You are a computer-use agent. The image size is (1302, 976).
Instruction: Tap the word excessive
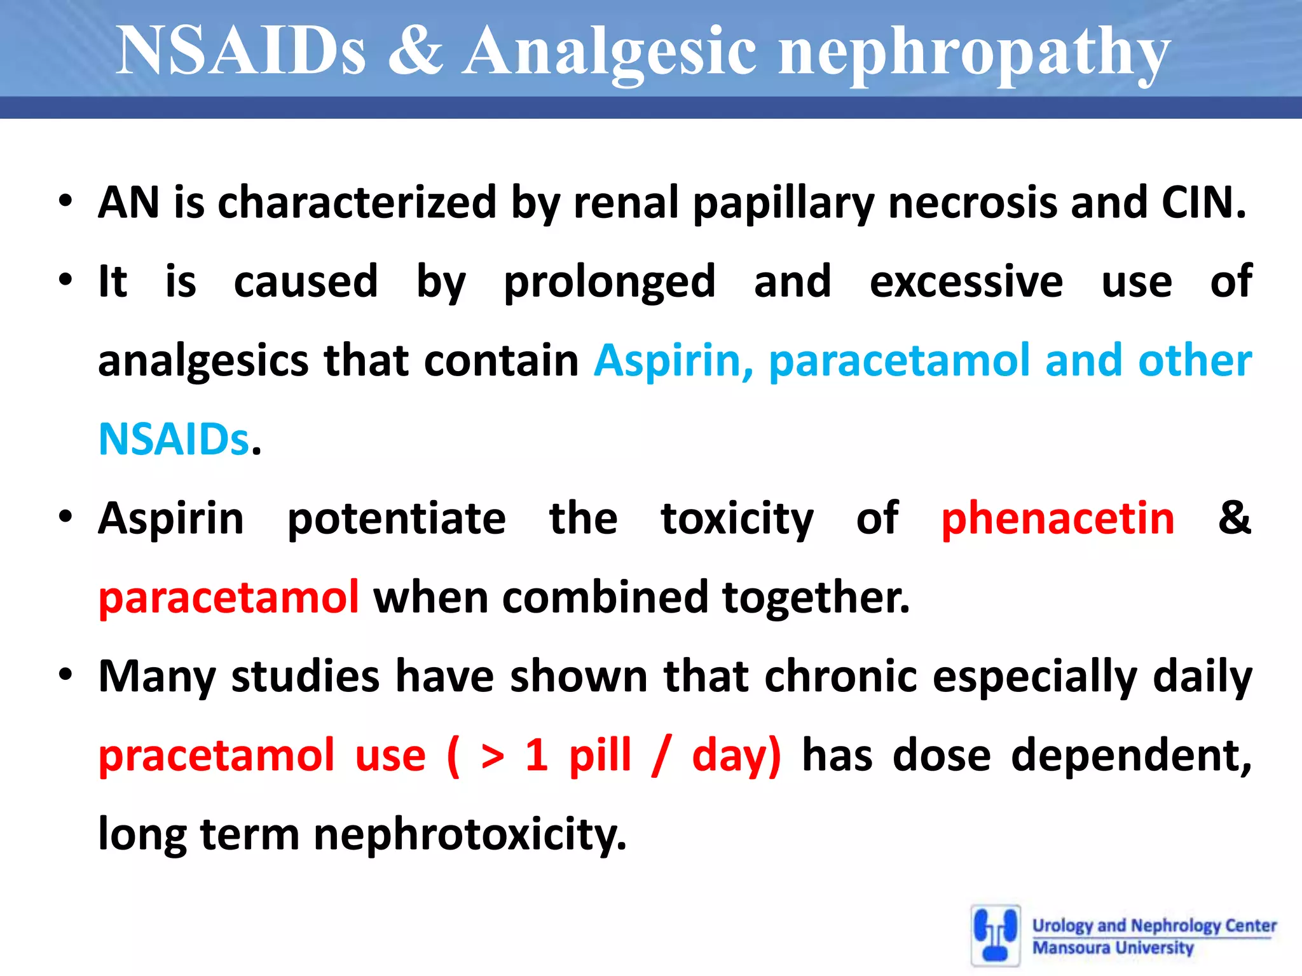tap(966, 281)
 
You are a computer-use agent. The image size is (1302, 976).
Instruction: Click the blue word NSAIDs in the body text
tap(174, 439)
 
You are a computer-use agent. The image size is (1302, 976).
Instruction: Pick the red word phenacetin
tap(1058, 518)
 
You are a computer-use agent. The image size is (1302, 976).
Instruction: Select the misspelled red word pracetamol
tap(216, 756)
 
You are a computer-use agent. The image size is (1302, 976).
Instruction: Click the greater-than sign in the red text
tap(493, 756)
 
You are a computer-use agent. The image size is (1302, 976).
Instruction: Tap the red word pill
tap(600, 756)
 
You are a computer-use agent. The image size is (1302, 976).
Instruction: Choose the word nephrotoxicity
tap(470, 834)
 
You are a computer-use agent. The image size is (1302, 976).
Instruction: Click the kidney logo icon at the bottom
tap(996, 935)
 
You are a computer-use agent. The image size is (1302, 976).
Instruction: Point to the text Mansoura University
tap(1113, 947)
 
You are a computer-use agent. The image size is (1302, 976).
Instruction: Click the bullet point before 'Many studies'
tap(65, 675)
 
